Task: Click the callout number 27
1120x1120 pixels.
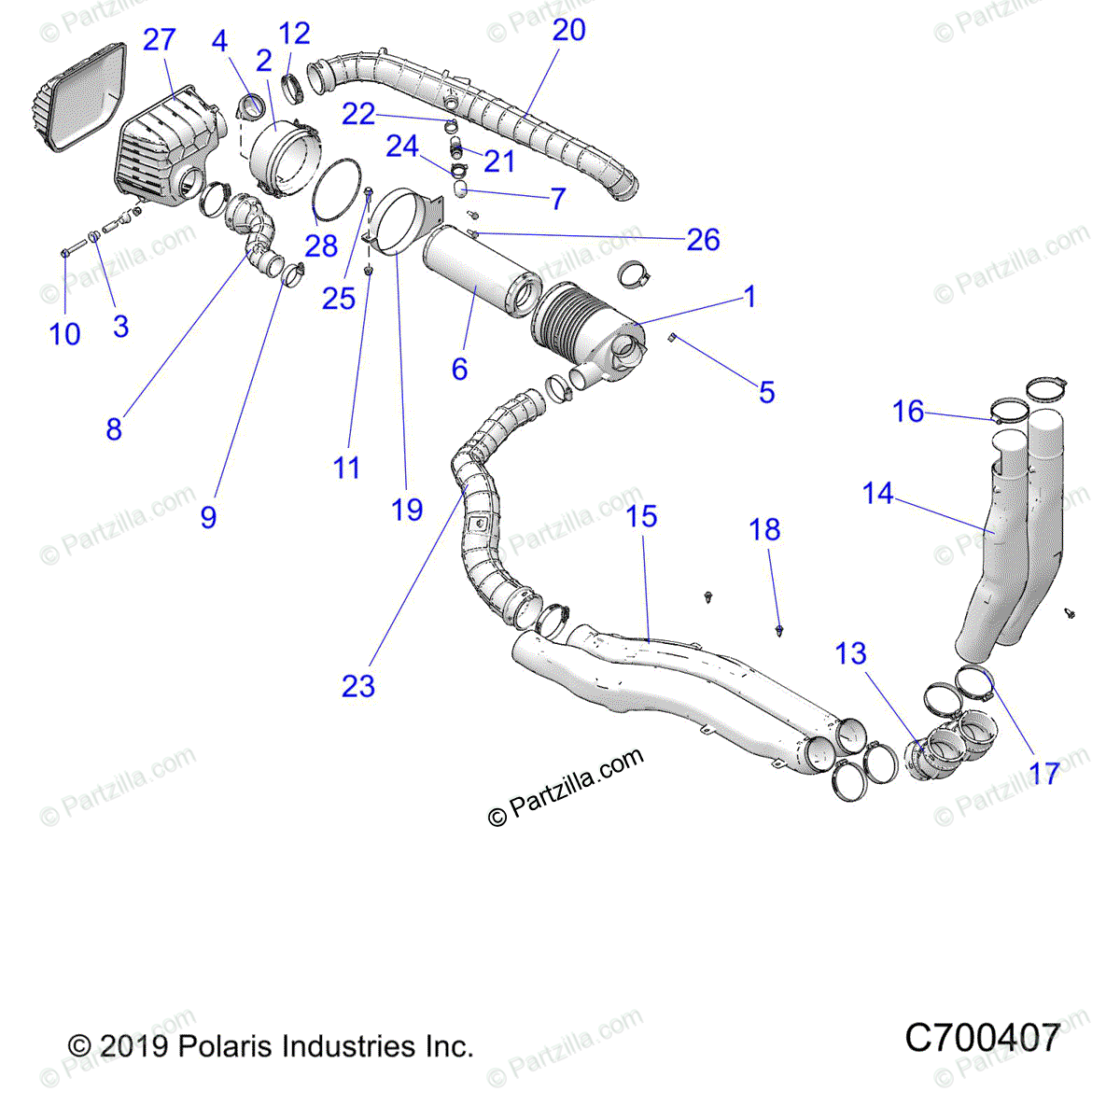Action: tap(159, 40)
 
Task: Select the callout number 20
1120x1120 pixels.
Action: tap(568, 30)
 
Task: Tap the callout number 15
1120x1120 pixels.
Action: tap(641, 516)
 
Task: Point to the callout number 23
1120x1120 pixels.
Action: tap(358, 686)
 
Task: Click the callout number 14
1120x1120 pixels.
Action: tap(877, 493)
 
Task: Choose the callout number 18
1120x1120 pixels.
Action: tap(764, 529)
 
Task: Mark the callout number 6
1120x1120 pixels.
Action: tap(459, 369)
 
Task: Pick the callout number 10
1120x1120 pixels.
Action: tap(65, 334)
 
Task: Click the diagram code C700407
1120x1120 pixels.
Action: tap(982, 1038)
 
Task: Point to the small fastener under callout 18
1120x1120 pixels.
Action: tap(779, 632)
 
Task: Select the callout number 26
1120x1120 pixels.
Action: tap(703, 240)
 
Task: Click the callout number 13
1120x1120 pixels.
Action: tap(850, 653)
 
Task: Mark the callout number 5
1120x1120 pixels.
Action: tap(766, 392)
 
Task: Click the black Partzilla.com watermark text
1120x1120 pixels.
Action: tap(566, 787)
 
